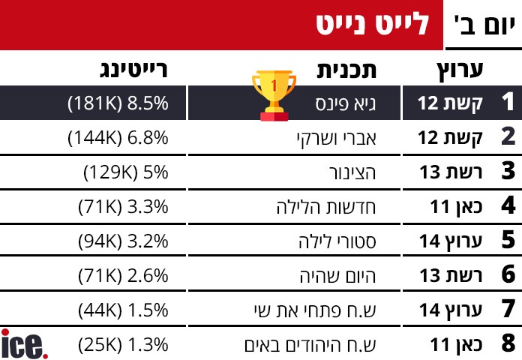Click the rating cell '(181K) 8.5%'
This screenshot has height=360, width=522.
(117, 103)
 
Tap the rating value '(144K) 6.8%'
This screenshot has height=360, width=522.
(117, 137)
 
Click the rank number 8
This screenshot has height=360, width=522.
(508, 344)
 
